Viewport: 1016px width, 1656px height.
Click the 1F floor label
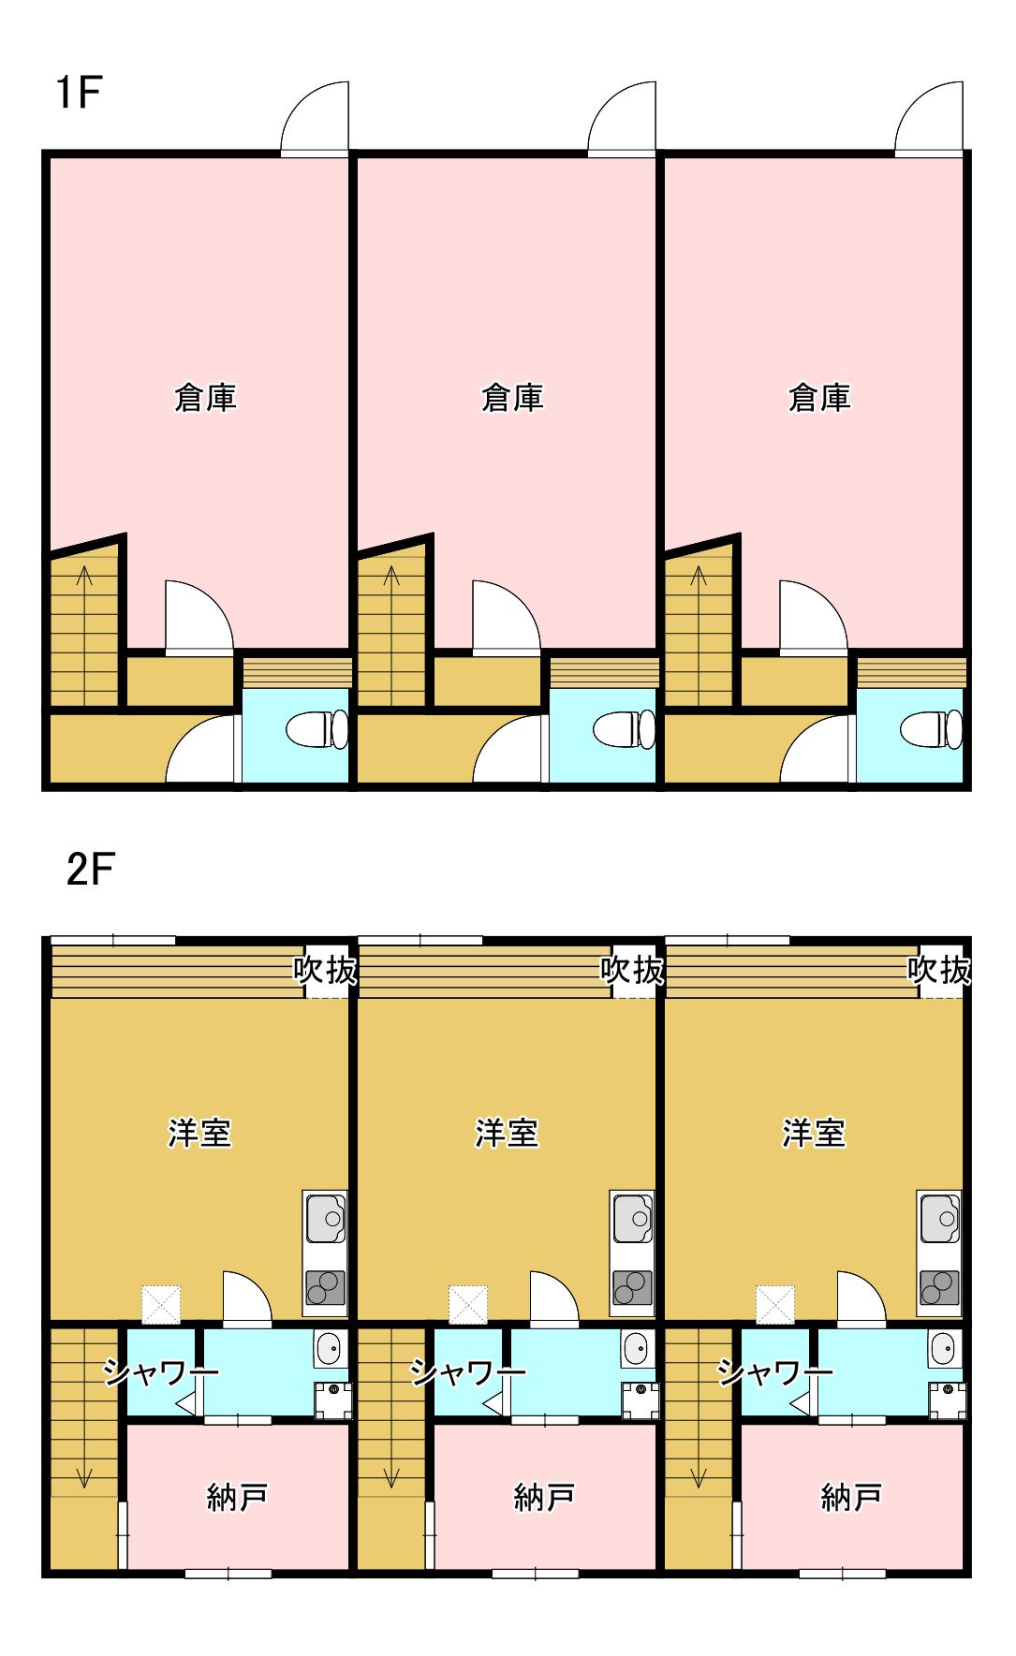[79, 94]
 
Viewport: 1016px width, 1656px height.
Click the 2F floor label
[90, 871]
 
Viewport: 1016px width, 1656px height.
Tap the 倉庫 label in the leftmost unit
[205, 398]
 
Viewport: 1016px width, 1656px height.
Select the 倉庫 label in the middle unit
[512, 398]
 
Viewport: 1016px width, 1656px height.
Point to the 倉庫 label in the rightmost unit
[819, 398]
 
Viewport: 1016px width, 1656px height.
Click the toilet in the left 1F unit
[316, 729]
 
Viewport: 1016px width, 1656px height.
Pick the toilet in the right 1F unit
[930, 729]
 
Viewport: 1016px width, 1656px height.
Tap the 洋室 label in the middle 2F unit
[507, 1133]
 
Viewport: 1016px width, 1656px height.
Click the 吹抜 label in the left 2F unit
[325, 970]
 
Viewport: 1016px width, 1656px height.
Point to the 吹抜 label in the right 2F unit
[939, 970]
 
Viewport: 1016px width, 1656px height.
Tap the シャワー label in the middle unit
[468, 1373]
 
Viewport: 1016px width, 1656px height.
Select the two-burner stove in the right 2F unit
[939, 1288]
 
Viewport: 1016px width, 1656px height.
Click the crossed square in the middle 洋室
[467, 1304]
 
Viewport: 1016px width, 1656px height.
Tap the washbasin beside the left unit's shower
[330, 1349]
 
